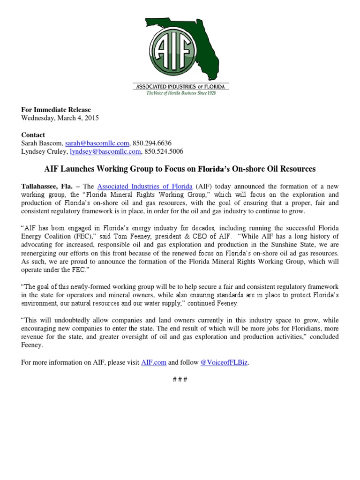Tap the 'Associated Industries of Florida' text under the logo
tap(180, 86)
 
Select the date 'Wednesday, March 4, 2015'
tap(60, 118)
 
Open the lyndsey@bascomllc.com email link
tap(105, 151)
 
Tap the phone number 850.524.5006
tap(164, 151)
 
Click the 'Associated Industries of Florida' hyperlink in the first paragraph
tap(145, 187)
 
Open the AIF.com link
tap(154, 362)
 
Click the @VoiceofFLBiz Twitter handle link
tap(224, 362)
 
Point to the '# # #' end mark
tap(180, 379)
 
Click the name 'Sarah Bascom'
tap(42, 143)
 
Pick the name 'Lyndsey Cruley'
tap(45, 151)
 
